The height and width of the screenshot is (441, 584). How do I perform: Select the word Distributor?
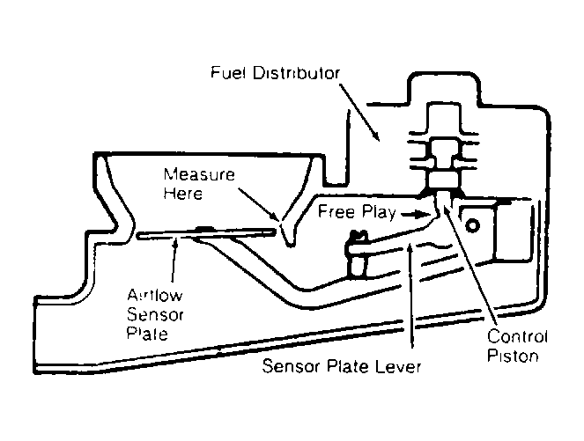(297, 72)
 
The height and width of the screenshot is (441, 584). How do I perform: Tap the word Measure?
(199, 174)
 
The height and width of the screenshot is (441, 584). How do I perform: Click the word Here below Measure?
(183, 193)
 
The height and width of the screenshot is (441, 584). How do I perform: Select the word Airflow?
(154, 295)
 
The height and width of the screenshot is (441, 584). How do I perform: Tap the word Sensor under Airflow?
(155, 314)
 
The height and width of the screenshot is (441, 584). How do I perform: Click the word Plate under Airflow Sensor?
(147, 334)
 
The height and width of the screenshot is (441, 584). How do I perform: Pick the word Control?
(517, 337)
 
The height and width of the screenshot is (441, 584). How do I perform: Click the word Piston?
(513, 356)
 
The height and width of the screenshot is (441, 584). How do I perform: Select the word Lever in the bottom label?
(398, 366)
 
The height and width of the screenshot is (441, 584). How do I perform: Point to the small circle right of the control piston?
(472, 226)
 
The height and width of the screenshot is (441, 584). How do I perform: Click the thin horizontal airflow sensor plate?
(207, 234)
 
